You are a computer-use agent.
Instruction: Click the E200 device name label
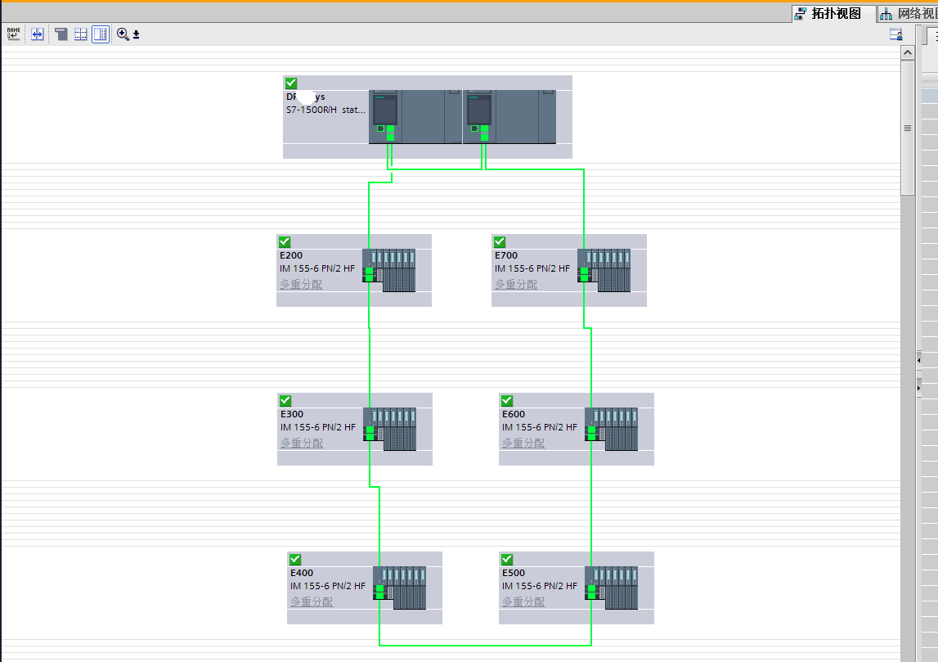290,255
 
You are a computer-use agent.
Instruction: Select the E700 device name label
505,255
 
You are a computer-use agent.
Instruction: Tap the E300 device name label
291,414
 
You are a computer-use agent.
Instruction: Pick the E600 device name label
513,414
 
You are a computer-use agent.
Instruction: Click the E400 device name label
301,573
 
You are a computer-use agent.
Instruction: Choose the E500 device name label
513,573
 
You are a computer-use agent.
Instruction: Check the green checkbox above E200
285,242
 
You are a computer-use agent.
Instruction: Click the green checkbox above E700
500,242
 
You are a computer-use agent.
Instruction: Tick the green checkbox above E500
507,560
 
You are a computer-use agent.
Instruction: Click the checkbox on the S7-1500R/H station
291,83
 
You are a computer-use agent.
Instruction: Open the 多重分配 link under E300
302,443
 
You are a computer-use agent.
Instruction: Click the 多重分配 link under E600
523,443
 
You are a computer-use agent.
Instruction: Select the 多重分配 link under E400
312,601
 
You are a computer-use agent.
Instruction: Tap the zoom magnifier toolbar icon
123,34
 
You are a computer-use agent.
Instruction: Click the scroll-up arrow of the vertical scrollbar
908,52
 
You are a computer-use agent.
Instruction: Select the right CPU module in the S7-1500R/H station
478,115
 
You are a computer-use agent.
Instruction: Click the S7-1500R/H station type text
326,110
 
